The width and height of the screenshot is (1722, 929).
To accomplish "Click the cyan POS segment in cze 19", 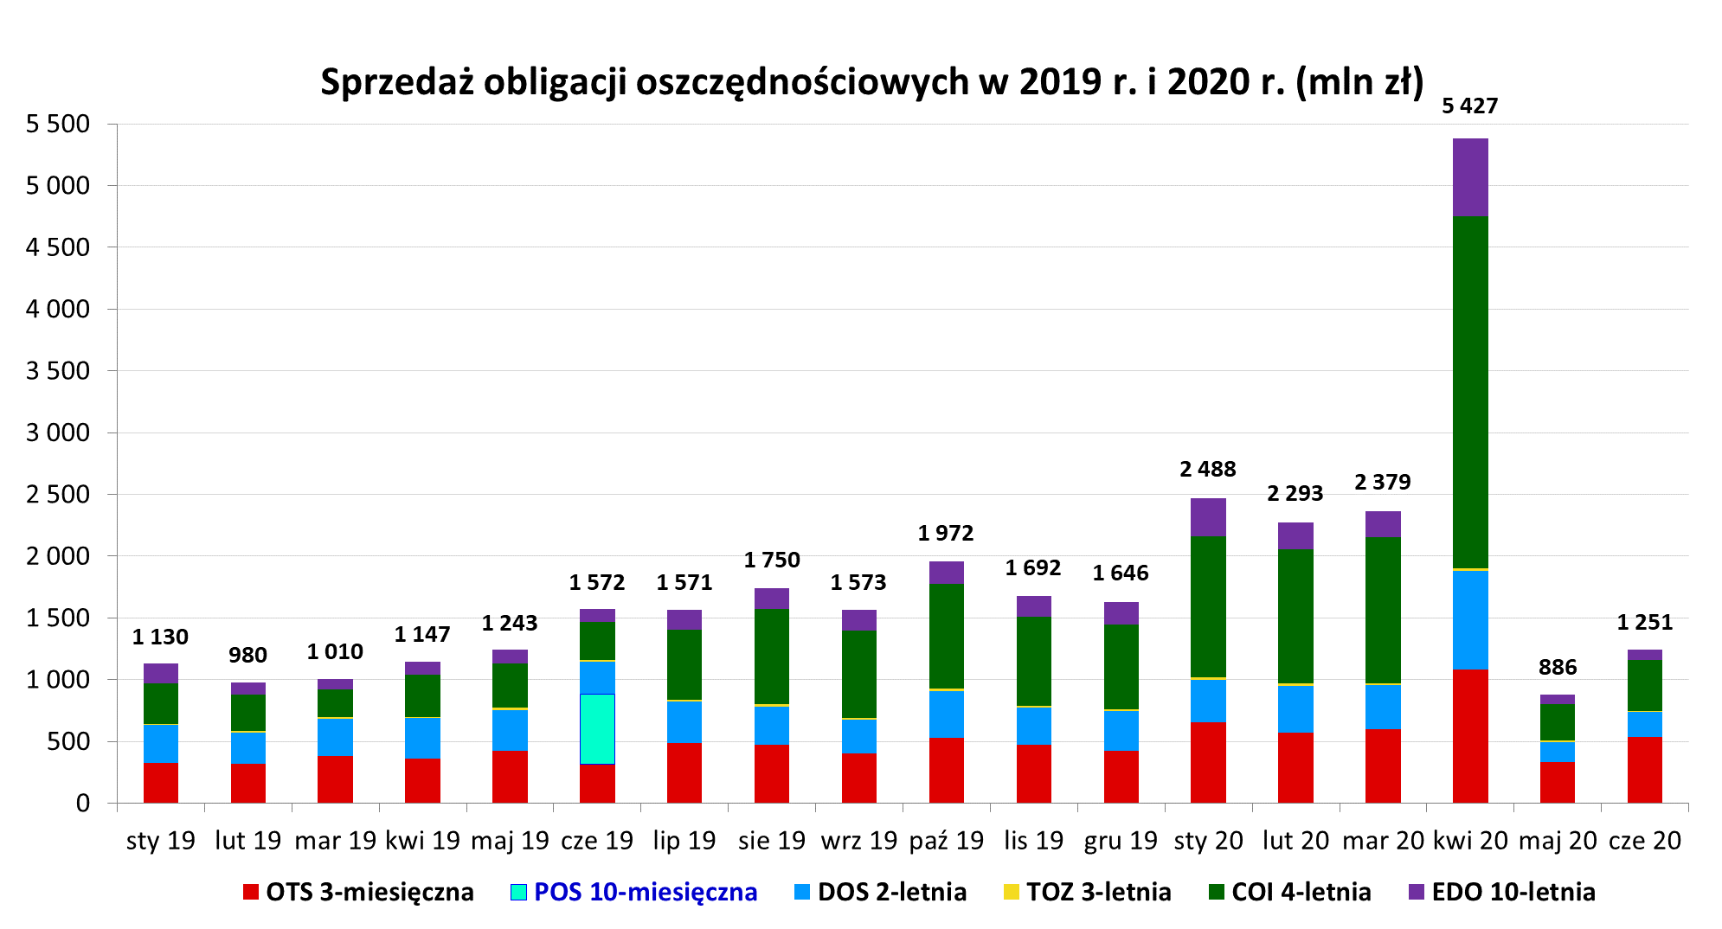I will (597, 728).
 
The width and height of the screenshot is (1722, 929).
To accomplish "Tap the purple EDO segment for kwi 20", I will (1470, 177).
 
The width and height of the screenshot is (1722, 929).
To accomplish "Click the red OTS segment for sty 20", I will (1208, 762).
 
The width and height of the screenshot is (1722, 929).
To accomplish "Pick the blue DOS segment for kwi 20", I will (1470, 619).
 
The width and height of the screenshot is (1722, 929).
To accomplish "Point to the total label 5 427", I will (1469, 106).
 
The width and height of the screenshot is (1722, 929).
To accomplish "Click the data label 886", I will (1557, 667).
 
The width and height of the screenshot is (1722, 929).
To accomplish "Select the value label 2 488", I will (1207, 469).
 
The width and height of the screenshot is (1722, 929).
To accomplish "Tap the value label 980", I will (247, 655).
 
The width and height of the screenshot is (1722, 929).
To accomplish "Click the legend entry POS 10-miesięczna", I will (645, 892).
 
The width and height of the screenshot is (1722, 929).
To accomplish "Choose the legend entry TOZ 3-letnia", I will (1098, 892).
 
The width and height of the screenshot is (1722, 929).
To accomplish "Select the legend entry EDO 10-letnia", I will (1513, 892).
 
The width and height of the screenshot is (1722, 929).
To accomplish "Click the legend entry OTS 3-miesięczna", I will (369, 892).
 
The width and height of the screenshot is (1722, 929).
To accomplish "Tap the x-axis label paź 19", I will (946, 840).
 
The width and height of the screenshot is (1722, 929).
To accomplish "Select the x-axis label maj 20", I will (1557, 840).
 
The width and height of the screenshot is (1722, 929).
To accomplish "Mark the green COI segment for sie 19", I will (772, 656).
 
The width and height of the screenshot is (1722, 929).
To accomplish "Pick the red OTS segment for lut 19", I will (248, 783).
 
